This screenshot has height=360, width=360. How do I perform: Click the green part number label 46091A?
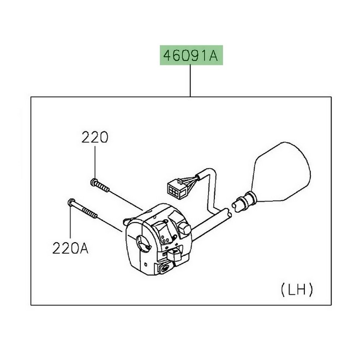point(191,55)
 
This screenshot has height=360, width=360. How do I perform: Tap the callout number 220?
point(94,137)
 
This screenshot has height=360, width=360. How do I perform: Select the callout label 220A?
point(70,248)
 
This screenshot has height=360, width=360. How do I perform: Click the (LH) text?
point(297,290)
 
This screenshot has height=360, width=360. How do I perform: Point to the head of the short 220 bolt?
point(94,182)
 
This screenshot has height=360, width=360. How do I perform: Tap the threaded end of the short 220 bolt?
point(103,187)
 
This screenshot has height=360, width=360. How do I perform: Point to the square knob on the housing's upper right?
point(184,227)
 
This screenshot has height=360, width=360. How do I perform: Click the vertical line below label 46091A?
point(190,81)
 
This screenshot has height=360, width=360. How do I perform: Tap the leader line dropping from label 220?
point(95,161)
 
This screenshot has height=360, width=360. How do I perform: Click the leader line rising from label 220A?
point(71,222)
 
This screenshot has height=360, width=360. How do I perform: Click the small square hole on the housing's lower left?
point(145,264)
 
